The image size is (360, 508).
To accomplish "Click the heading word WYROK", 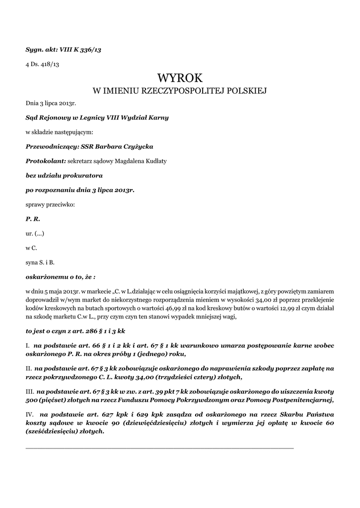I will pyautogui.click(x=180, y=78).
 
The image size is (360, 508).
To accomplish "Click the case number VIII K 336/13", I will pyautogui.click(x=80, y=50).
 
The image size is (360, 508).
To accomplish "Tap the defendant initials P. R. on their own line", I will pyautogui.click(x=33, y=218).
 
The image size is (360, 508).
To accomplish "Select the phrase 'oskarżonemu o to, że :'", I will pyautogui.click(x=60, y=275).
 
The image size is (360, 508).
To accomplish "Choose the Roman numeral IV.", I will pyautogui.click(x=30, y=414).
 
